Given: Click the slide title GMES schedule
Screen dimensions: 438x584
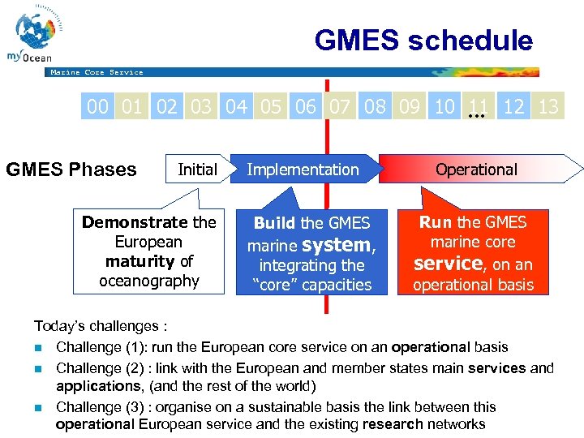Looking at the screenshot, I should pos(423,41).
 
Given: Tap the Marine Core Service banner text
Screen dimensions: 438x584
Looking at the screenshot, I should pos(97,72).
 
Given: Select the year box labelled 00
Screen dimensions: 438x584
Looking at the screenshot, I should pos(98,107).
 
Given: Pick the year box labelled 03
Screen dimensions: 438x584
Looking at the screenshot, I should pos(201,107).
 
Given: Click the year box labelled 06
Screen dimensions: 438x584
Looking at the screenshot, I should pos(306,107).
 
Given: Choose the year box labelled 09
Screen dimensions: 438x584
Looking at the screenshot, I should pos(410,107).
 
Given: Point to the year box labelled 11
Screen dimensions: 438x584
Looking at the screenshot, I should pos(479,107).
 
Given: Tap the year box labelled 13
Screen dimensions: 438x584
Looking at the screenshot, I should pos(548,107).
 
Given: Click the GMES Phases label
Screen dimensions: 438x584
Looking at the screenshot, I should pos(71,170).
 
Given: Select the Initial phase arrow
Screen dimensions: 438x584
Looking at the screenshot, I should pos(197,170).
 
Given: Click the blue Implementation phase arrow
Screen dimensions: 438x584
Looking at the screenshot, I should pos(303,170).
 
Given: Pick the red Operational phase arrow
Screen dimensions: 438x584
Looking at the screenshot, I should pos(479,170).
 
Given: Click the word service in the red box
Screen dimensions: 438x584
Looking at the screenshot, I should pos(448,264).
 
